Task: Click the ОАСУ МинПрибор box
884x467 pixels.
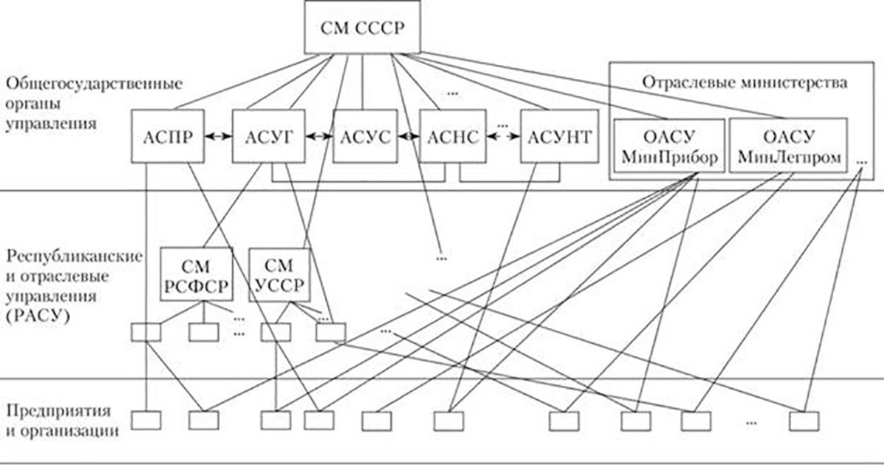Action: click(667, 146)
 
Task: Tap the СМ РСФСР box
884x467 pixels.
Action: click(196, 274)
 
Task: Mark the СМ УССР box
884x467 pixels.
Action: click(278, 274)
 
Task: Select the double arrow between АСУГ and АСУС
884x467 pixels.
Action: click(318, 137)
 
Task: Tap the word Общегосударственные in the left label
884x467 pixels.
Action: click(93, 82)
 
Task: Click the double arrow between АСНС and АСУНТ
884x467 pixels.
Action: click(503, 138)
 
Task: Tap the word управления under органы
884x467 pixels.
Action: click(50, 124)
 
